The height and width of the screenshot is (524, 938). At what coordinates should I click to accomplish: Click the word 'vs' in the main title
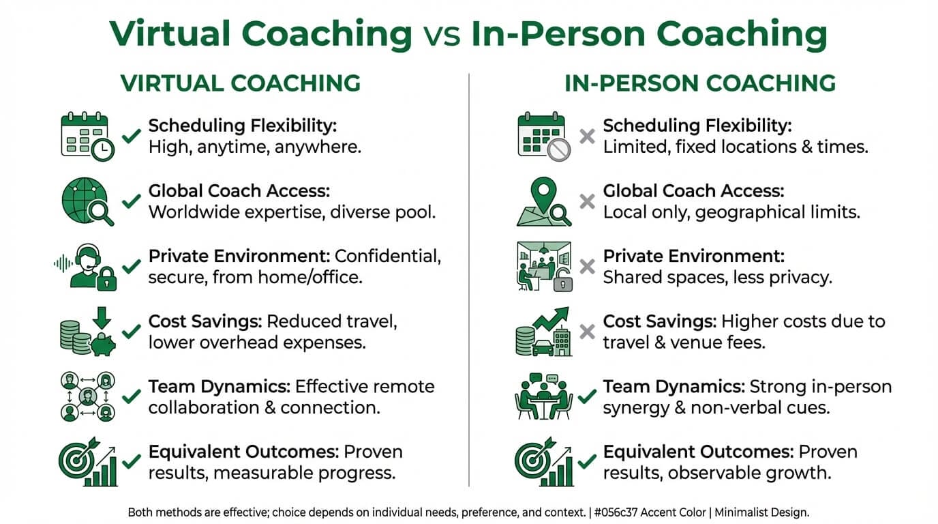442,34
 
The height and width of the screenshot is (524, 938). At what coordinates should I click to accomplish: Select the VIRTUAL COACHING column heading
240,83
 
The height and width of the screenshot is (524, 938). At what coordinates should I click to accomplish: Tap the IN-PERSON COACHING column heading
700,83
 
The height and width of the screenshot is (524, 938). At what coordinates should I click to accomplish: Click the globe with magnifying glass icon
87,202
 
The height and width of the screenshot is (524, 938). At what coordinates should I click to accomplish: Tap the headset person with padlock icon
87,267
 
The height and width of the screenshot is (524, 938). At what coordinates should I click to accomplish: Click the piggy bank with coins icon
87,332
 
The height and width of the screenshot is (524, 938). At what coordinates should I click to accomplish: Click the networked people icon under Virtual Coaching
87,397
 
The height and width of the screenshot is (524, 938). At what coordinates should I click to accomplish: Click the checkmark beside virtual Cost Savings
131,332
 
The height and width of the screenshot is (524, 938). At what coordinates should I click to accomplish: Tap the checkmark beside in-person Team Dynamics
587,397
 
